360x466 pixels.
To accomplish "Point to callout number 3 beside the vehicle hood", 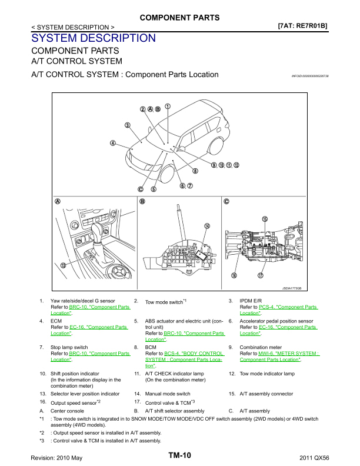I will [x=127, y=125].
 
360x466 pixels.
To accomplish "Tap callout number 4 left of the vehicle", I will [x=113, y=142].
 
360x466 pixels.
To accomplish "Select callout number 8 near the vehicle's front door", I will [x=195, y=171].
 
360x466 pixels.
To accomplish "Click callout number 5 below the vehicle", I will [x=153, y=189].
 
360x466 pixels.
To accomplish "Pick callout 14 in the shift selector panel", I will [x=207, y=225].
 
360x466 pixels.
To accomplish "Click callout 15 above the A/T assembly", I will [x=265, y=219].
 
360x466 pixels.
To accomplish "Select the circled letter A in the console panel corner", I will [x=58, y=201].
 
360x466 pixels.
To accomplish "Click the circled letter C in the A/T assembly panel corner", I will [x=226, y=201].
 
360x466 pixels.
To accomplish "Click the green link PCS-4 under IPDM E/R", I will [x=266, y=307].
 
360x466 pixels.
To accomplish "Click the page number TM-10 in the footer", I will [x=180, y=455].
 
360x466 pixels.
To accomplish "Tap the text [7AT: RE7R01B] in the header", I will [x=302, y=26].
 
